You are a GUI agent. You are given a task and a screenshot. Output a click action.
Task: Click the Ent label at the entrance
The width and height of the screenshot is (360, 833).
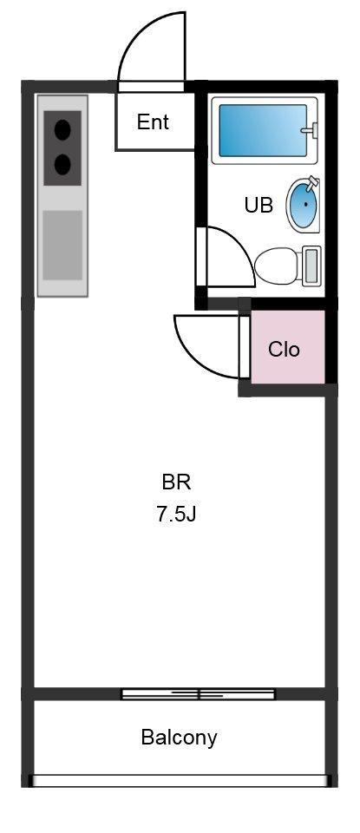click(x=153, y=122)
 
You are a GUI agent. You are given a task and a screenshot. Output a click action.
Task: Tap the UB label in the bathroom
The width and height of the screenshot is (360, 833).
click(x=259, y=206)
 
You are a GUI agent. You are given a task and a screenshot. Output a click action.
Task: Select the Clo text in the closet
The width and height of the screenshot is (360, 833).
click(x=284, y=350)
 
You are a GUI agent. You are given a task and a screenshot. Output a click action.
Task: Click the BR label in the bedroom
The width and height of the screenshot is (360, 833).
click(x=176, y=482)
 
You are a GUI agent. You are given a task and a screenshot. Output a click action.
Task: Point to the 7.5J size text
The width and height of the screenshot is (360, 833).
click(x=176, y=514)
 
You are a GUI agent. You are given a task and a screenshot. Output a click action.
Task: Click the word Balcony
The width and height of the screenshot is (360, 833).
click(x=179, y=738)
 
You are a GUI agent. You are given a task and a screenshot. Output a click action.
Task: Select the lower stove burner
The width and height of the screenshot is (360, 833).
click(x=62, y=163)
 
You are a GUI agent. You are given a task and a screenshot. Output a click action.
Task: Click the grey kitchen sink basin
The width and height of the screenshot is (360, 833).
click(x=62, y=244)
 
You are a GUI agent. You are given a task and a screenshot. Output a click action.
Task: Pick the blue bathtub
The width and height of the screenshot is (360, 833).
click(x=260, y=131)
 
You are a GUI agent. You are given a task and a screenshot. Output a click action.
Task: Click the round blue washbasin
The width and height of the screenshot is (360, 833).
click(x=302, y=204)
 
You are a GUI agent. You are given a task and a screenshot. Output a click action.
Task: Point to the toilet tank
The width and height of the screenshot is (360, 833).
click(x=312, y=266)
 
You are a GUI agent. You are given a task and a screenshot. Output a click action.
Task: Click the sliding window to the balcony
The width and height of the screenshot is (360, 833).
click(x=198, y=693)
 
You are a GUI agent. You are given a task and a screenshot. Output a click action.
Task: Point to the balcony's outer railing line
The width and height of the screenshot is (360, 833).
click(x=180, y=781)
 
